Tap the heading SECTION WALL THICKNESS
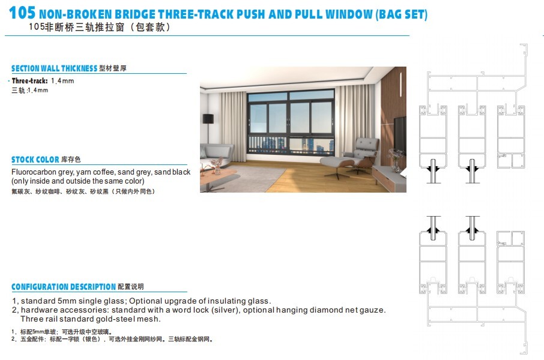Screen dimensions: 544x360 [54, 68]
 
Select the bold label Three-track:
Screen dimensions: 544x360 [29, 80]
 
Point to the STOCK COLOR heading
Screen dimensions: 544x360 [35, 160]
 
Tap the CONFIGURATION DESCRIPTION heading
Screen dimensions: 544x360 [63, 287]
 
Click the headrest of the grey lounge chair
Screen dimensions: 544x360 [367, 143]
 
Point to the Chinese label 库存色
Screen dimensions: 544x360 [71, 160]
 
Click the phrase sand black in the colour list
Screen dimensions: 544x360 [172, 172]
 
